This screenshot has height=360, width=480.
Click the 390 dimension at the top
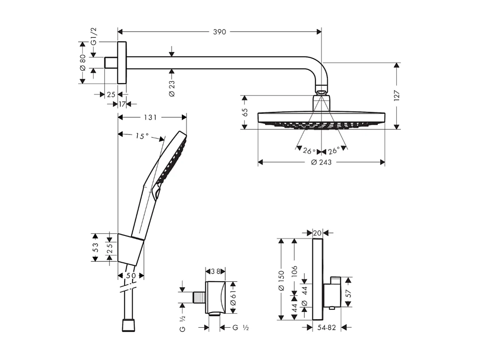(219, 32)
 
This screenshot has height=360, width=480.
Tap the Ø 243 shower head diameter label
(321, 162)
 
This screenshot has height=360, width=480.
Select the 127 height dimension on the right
(397, 96)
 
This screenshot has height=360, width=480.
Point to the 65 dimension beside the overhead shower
(244, 112)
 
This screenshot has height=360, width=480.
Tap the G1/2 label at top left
(94, 36)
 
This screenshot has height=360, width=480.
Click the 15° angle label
(142, 136)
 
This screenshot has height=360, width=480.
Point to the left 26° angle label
(309, 151)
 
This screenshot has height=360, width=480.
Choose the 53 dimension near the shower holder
(96, 247)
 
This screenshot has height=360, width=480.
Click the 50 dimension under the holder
(131, 276)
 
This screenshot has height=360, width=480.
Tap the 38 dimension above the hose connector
(215, 271)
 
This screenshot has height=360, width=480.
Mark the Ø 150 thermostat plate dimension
(281, 293)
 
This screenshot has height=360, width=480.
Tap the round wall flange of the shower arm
(122, 63)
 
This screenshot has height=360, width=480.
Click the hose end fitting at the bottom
(128, 326)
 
